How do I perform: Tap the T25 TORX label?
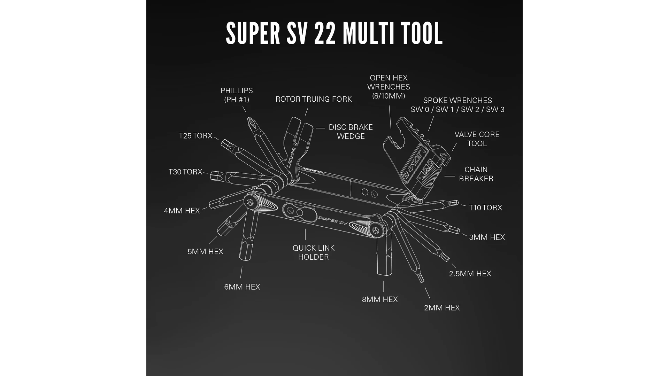pos(195,136)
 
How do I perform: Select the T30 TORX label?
pos(185,172)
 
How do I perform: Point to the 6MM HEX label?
pos(242,287)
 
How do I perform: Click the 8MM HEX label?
pos(380,299)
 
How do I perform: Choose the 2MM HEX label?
pos(442,308)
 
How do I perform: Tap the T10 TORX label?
pos(485,208)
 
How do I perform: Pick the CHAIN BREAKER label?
pos(476,174)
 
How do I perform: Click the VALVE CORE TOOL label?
pos(477,139)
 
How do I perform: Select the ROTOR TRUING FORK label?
pos(314,99)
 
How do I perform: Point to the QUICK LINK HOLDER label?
pos(314,252)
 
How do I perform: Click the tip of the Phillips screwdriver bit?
pos(249,120)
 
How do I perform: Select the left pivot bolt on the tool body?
pos(250,202)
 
